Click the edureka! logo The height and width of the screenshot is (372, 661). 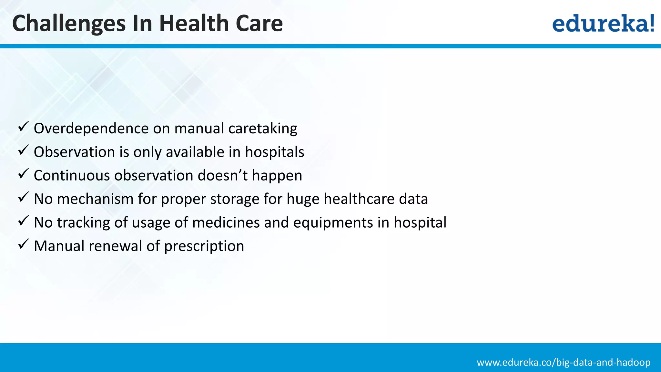(x=603, y=24)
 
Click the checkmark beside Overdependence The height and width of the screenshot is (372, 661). (x=24, y=126)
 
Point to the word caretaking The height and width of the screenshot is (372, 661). (x=263, y=129)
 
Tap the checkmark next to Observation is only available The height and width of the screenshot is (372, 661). (x=24, y=150)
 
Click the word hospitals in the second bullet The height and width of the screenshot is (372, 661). (x=274, y=152)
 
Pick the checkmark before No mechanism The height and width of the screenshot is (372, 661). (x=24, y=197)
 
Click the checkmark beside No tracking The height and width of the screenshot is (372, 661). (x=24, y=221)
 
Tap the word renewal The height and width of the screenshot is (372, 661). (x=115, y=246)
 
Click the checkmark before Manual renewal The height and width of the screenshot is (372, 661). (x=24, y=244)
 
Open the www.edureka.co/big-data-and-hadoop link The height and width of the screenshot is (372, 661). (x=564, y=362)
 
